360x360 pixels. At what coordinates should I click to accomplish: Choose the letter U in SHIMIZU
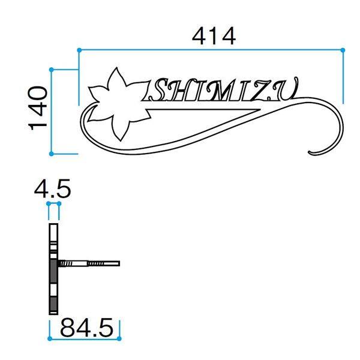coord(287,91)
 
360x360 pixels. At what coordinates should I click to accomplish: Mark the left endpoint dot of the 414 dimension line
coord(79,49)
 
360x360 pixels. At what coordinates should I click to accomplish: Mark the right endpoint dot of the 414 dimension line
coord(343,49)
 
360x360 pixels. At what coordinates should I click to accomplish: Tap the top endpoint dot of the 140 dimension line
coord(52,70)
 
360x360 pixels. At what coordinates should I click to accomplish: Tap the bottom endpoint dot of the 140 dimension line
coord(52,154)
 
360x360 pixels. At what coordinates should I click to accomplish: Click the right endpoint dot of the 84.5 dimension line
coord(120,337)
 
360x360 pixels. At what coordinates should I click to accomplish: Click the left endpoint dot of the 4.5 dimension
coord(49,203)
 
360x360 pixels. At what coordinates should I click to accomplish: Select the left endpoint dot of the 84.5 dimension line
coord(49,337)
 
